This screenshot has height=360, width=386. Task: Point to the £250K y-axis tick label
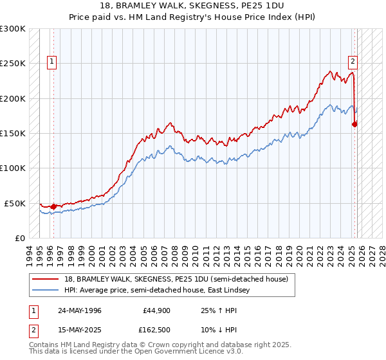[13, 64]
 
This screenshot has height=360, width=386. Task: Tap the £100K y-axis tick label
[13, 168]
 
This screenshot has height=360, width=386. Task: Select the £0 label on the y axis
[20, 238]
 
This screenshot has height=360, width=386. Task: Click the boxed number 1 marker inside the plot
[51, 62]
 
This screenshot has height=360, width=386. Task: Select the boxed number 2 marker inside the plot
[353, 62]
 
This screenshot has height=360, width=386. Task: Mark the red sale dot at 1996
[53, 206]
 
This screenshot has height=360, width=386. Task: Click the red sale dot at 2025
[354, 125]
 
